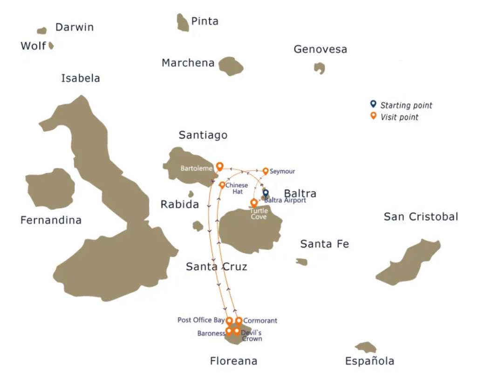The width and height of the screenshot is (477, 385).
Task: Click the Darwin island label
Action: click(x=75, y=27)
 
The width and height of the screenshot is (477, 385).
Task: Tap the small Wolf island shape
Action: click(x=51, y=46)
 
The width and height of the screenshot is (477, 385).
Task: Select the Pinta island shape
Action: click(x=183, y=22)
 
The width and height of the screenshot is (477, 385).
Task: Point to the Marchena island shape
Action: click(x=231, y=66)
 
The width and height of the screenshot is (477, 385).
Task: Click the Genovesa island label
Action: click(x=320, y=49)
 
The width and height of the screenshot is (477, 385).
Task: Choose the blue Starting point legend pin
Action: click(x=373, y=104)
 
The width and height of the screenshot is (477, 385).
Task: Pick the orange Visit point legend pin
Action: click(x=373, y=116)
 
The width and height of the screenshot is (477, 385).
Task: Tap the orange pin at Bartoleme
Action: click(x=219, y=166)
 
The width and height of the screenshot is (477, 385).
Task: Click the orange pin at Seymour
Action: click(x=266, y=171)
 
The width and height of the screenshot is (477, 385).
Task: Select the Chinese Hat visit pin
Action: click(x=222, y=185)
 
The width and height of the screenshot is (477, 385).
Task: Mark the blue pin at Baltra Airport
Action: click(x=266, y=192)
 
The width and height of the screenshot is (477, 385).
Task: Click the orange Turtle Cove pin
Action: click(x=254, y=203)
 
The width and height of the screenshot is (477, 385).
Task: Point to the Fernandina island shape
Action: click(x=50, y=189)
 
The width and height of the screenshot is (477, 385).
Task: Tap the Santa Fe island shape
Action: click(x=302, y=262)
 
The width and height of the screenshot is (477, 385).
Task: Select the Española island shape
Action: click(x=366, y=347)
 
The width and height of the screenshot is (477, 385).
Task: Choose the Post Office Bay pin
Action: click(x=229, y=321)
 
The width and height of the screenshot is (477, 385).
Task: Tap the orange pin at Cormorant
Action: click(x=238, y=321)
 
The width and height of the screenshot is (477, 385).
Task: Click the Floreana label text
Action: click(x=233, y=361)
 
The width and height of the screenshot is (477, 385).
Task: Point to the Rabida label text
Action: click(x=179, y=204)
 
